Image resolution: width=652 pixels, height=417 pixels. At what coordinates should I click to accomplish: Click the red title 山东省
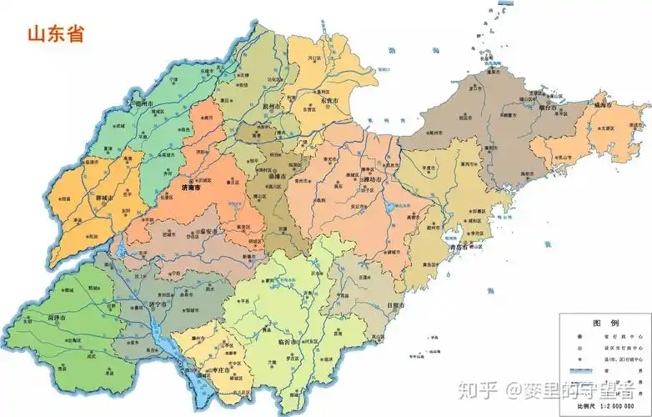click(x=55, y=34)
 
